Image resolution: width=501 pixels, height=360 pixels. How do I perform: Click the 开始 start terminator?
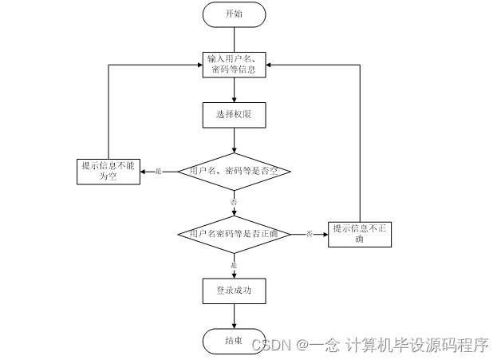point(234,14)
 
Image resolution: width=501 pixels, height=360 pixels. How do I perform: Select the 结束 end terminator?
point(234,341)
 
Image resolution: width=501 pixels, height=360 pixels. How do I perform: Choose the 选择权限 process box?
point(234,115)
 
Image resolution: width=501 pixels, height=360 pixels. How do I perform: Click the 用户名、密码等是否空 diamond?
point(234,171)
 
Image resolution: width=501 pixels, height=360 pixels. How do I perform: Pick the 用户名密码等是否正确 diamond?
point(234,233)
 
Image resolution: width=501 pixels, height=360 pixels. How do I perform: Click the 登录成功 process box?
point(234,291)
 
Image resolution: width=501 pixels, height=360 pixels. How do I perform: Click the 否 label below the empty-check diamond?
point(234,203)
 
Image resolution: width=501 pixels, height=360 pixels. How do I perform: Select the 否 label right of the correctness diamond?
point(309,234)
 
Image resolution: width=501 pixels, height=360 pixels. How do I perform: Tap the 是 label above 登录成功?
point(234,264)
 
